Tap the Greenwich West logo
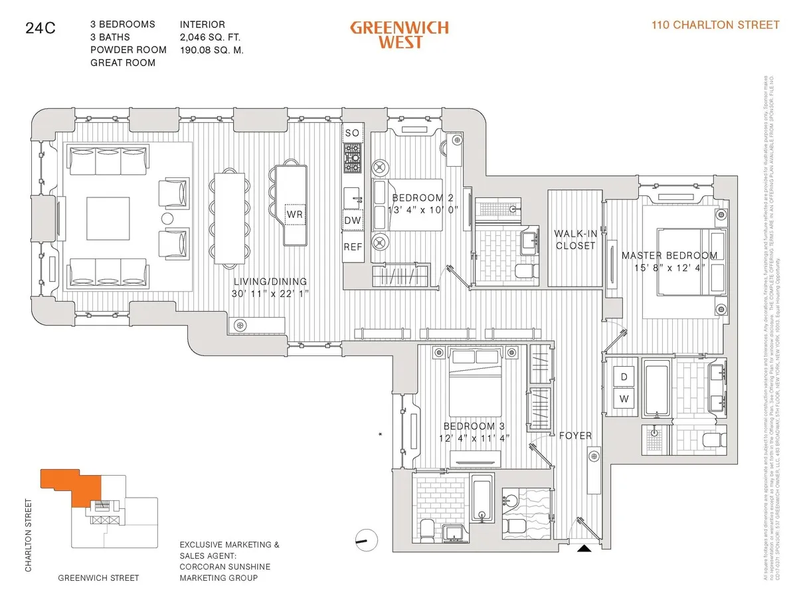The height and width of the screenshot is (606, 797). pos(399,35)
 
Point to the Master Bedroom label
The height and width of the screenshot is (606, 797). pos(669,255)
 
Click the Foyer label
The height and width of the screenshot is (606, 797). pos(575,436)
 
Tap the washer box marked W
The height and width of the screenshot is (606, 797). pos(624,399)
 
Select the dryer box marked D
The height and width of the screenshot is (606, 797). pos(624,377)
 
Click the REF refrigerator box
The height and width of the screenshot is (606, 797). pos(353,247)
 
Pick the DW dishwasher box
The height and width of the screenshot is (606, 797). pos(353,221)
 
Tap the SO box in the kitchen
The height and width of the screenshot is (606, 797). pos(353,133)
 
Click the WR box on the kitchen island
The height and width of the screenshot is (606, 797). pos(294,215)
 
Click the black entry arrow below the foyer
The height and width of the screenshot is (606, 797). pos(584,548)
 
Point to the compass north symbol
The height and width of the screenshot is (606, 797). pos(365,540)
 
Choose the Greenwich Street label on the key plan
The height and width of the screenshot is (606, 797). pos(98,577)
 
